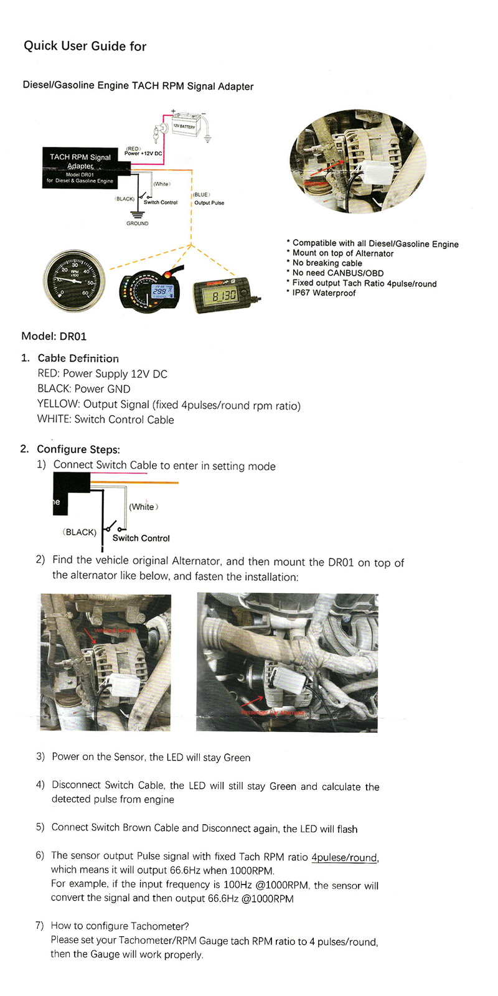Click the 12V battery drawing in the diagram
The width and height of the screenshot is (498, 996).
tap(187, 123)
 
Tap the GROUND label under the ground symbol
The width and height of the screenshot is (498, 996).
tap(137, 223)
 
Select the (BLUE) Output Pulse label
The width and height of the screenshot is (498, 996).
tap(208, 199)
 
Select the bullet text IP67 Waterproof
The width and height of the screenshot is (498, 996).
tap(324, 293)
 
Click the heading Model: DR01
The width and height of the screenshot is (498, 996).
tap(54, 337)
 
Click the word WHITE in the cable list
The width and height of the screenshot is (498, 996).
tap(54, 420)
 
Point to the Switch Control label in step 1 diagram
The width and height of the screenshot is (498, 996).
tap(141, 538)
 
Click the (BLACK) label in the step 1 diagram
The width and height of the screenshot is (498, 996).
tap(80, 532)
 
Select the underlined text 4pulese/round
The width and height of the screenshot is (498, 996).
tap(344, 857)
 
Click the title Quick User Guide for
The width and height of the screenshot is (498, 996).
tap(85, 46)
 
